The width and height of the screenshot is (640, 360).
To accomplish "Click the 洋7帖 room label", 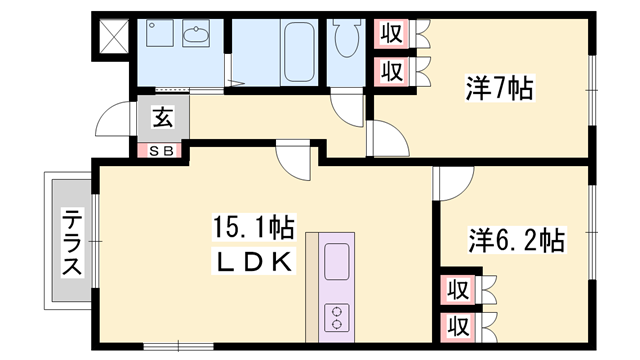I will (499, 89).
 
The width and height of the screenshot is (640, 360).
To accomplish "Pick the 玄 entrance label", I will (162, 117).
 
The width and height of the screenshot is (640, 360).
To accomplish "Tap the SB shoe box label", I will (162, 151).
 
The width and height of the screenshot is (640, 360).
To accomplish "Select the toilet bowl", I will (346, 41).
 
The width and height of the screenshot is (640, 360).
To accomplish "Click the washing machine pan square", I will (160, 37).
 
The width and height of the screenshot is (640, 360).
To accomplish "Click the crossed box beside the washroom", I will (112, 37).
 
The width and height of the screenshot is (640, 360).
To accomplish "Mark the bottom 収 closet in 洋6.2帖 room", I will (459, 325).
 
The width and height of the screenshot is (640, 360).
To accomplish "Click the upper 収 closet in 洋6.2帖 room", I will (459, 290).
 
